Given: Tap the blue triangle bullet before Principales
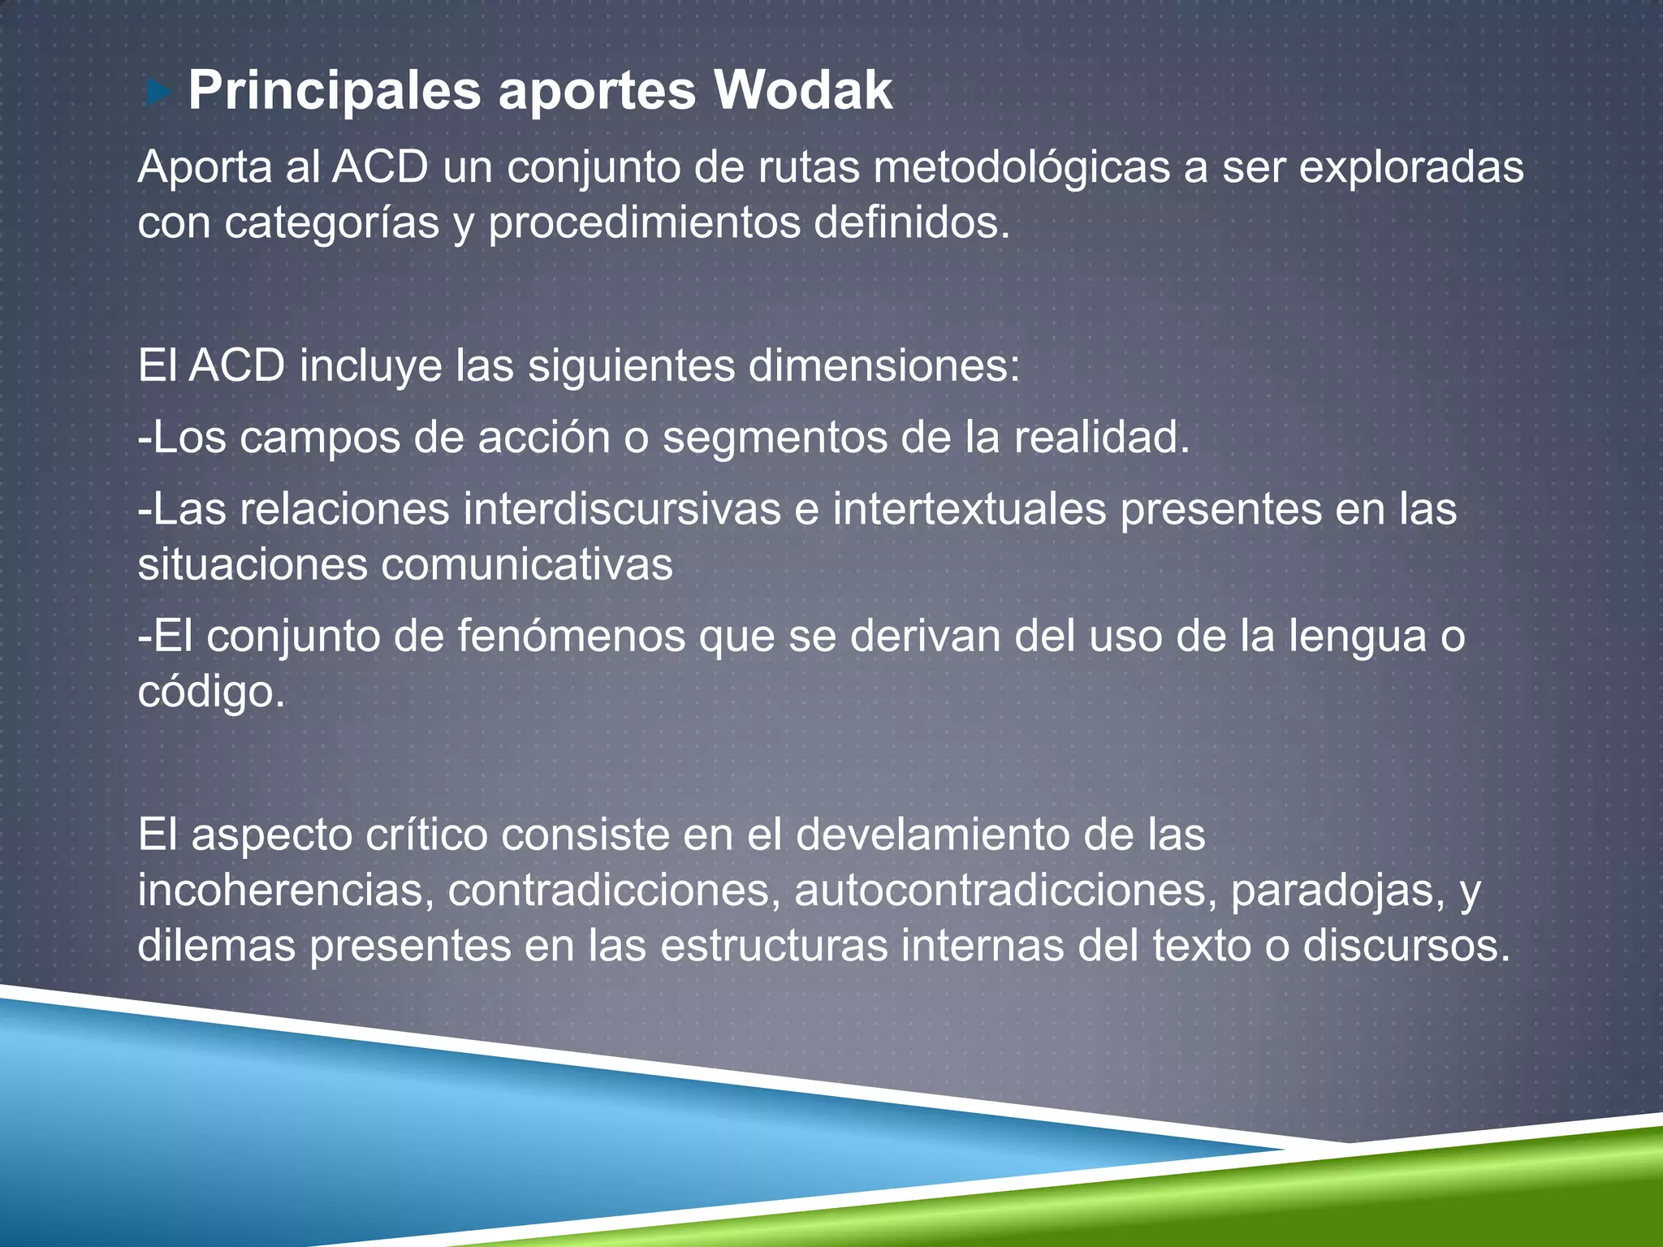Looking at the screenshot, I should (x=159, y=93).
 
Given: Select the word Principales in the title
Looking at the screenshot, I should (x=335, y=92).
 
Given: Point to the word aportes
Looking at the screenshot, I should (x=597, y=92).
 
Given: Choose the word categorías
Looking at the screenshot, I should (x=332, y=223).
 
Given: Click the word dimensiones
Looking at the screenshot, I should (x=883, y=366).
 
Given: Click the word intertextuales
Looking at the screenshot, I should (x=970, y=510).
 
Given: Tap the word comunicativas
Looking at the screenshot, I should (x=527, y=564).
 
